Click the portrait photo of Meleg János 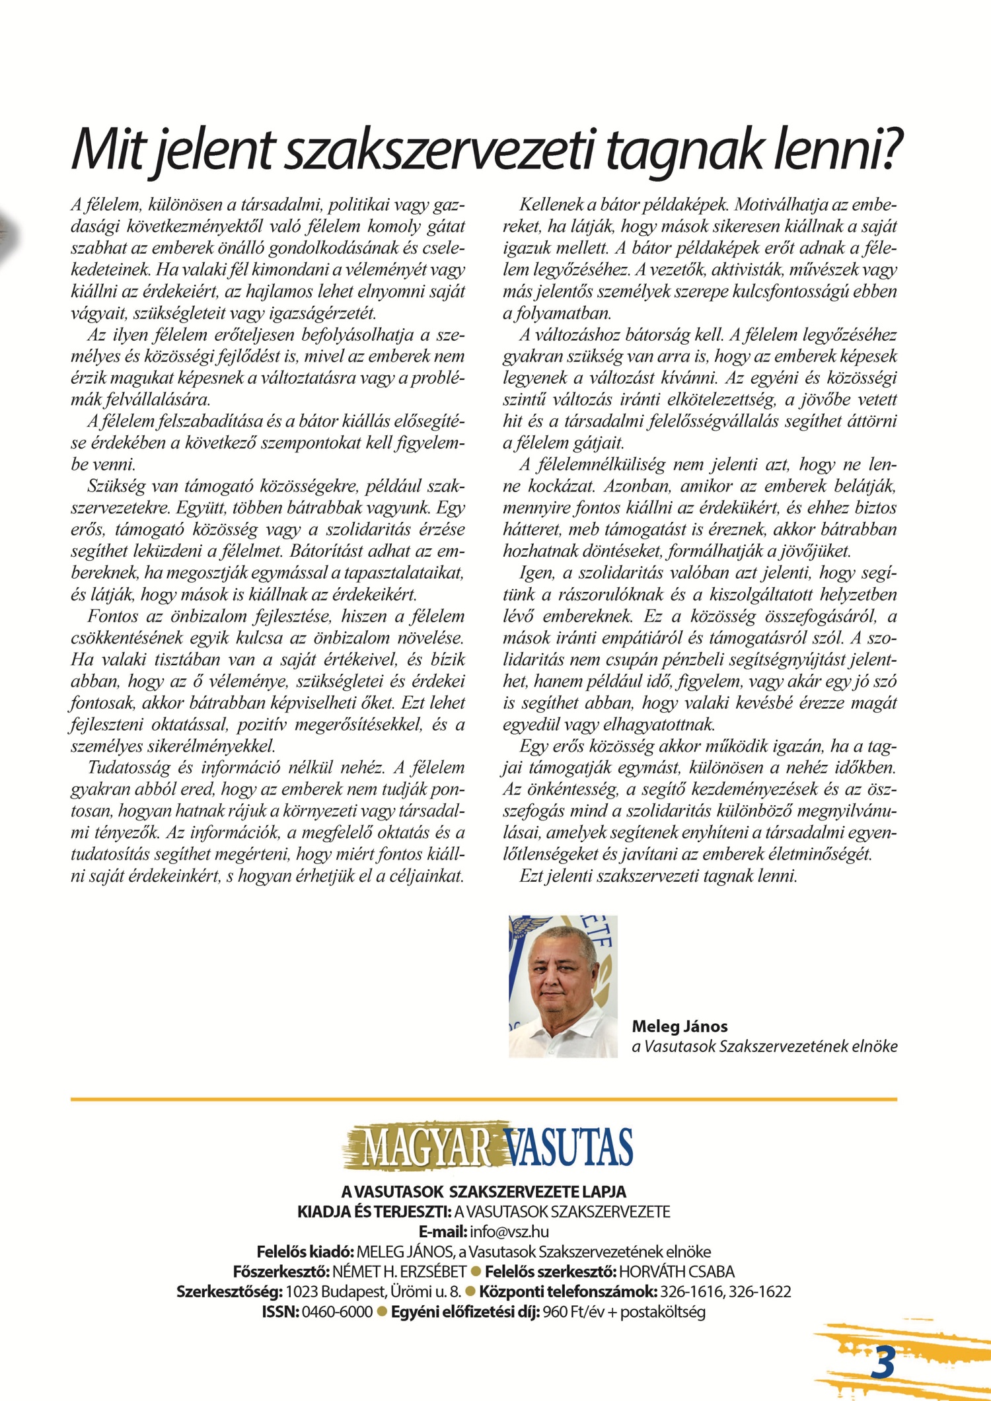point(563,986)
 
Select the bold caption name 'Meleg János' point(680,1026)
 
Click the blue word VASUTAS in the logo point(568,1149)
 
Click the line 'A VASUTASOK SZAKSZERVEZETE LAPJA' point(484,1192)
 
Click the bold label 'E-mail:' point(443,1231)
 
